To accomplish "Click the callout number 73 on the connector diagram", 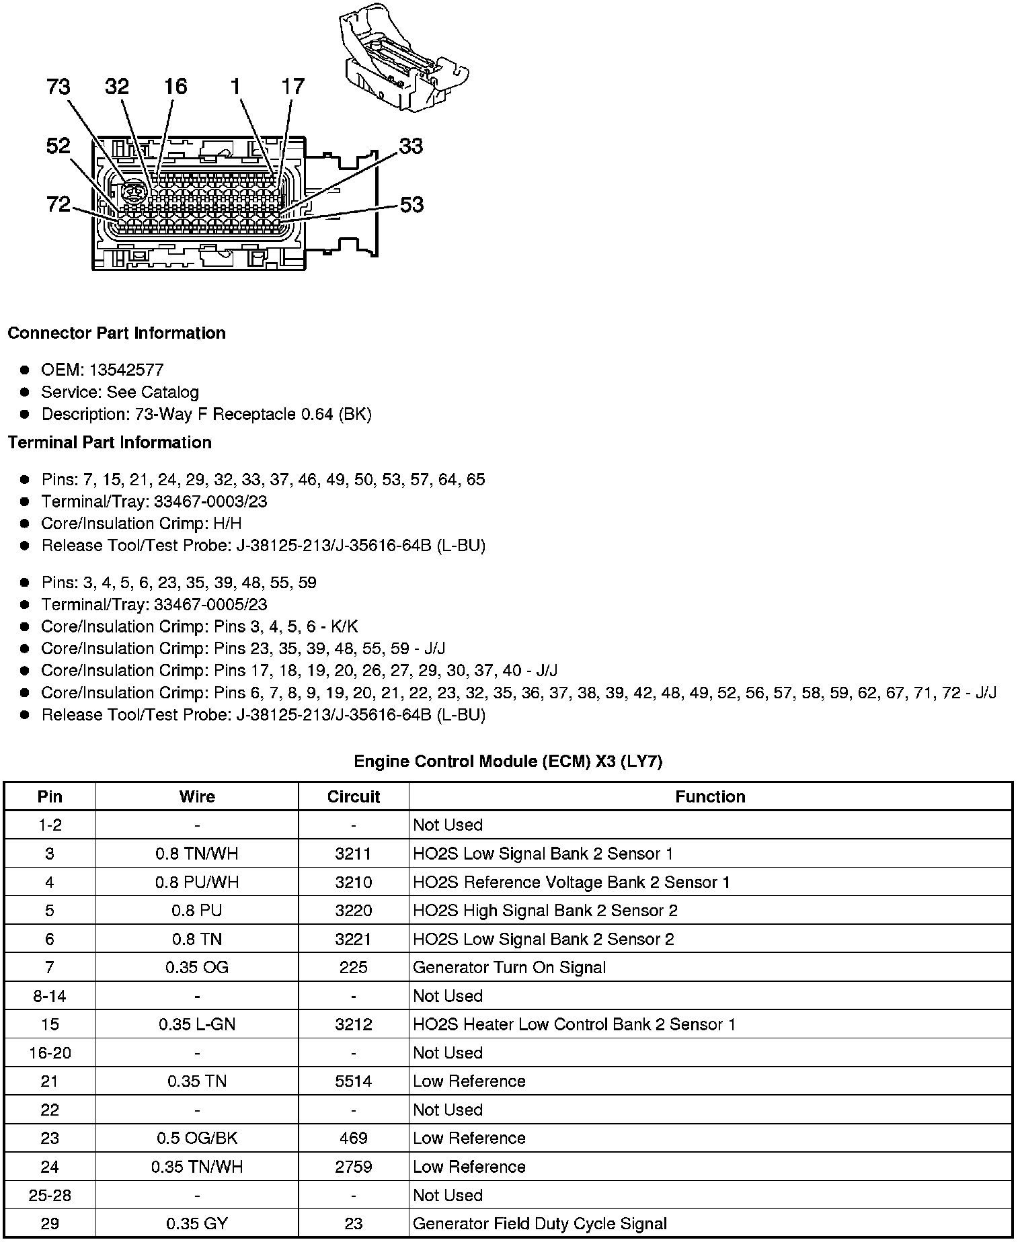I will (58, 87).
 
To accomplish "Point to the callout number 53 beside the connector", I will (411, 204).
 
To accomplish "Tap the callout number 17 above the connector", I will (292, 87).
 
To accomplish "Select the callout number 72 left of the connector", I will (58, 204).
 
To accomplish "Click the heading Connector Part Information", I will (116, 333).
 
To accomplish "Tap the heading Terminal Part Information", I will (110, 443).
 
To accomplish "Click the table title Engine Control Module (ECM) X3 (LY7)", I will (508, 761).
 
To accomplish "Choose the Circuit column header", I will (354, 797).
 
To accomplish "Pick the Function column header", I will (710, 797).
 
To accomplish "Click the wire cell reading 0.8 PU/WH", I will (197, 882).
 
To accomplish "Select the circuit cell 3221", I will (354, 940).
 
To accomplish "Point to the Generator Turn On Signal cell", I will (509, 968).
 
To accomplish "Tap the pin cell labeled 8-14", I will (50, 996).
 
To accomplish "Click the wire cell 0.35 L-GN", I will (197, 1025).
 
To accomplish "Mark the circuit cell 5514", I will (354, 1081).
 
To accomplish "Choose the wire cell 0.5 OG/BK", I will (197, 1138).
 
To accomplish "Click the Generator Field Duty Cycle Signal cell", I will (539, 1224).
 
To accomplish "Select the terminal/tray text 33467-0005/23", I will (210, 605).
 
